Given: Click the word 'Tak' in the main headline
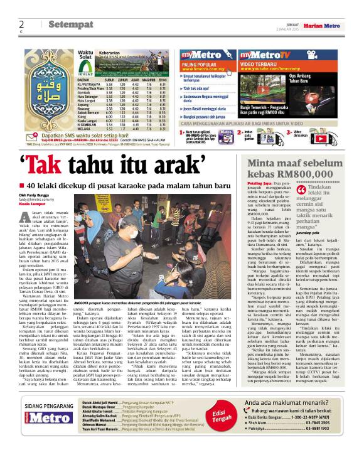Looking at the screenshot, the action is point(57,164).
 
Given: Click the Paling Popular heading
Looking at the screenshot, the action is point(198,65).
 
